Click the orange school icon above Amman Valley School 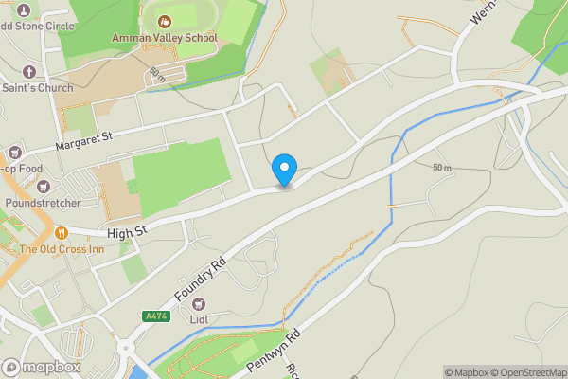164,20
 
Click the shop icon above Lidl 199,304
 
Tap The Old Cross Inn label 62,249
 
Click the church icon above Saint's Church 28,72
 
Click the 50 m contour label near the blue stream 441,168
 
